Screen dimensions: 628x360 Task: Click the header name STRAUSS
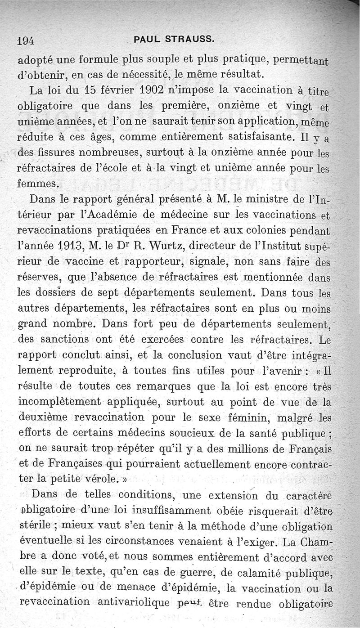pos(190,39)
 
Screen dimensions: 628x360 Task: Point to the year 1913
pos(66,246)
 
